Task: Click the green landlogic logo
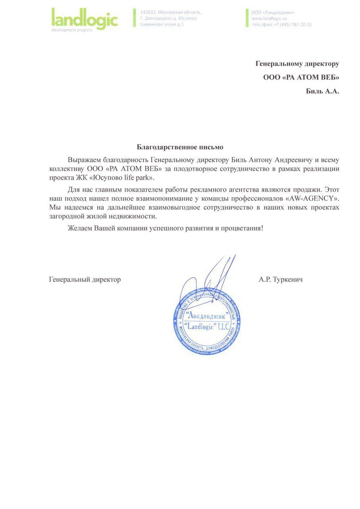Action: [85, 19]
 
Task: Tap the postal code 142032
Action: [149, 12]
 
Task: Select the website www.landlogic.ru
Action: [269, 18]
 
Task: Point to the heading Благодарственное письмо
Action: [180, 148]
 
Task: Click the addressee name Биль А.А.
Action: [322, 91]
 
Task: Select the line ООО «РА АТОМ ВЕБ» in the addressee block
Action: [301, 77]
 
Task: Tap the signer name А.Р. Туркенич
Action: [281, 280]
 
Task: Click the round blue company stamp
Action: [206, 321]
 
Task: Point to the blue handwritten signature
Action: [211, 280]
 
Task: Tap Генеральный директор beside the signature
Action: [85, 280]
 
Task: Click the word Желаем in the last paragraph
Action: [79, 228]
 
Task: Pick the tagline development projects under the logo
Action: [72, 30]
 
